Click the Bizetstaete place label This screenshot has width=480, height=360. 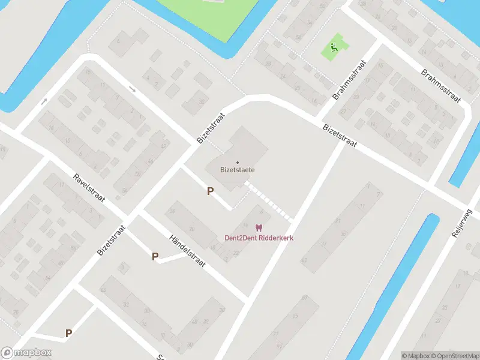click(x=238, y=170)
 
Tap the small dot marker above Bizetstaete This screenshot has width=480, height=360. click(x=238, y=163)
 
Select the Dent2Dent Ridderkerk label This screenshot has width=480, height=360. click(x=259, y=238)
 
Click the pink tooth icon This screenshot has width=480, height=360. click(x=259, y=228)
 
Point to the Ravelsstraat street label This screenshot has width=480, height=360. click(x=88, y=188)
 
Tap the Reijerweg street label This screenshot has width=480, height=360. click(x=463, y=221)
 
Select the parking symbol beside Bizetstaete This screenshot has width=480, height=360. click(x=210, y=191)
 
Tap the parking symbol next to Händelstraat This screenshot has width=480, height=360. click(x=155, y=257)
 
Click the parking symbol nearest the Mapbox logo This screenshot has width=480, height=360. click(x=68, y=333)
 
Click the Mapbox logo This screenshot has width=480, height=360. click(x=26, y=353)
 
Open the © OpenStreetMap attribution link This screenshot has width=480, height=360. click(x=455, y=356)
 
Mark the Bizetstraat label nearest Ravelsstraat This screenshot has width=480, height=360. click(x=112, y=239)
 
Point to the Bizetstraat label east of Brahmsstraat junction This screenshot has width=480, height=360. click(x=340, y=136)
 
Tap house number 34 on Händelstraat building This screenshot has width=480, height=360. click(x=172, y=211)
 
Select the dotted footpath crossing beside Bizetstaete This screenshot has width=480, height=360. click(x=271, y=202)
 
